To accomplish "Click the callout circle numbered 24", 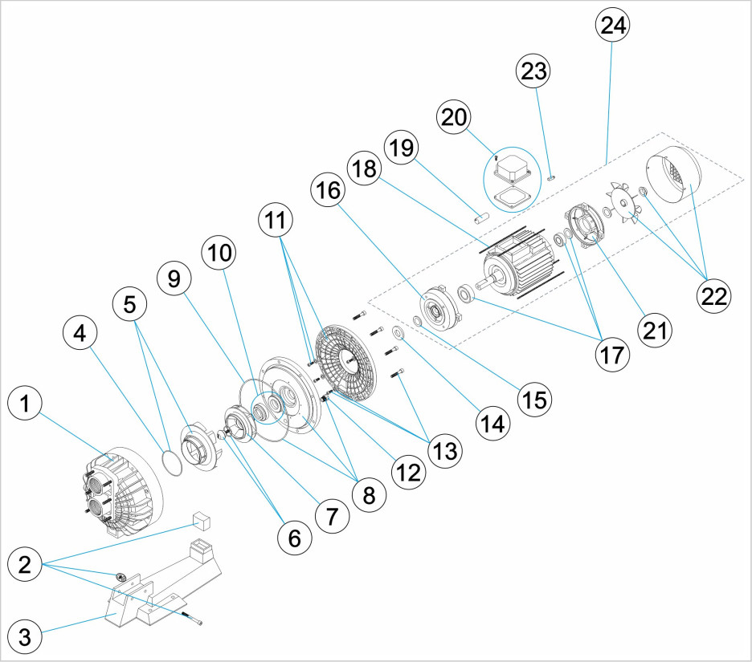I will pyautogui.click(x=612, y=26).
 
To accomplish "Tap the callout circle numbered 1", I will pyautogui.click(x=27, y=406).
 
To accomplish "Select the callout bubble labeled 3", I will pyautogui.click(x=25, y=638).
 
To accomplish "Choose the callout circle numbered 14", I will pyautogui.click(x=492, y=422).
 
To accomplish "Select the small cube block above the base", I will pyautogui.click(x=200, y=522).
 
